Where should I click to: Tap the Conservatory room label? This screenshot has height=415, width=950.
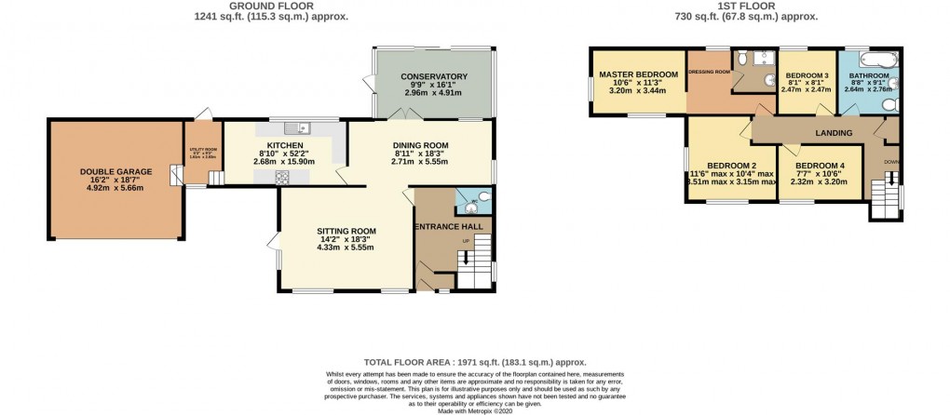coord(433,76)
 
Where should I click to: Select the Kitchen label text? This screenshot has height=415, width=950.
coord(285,146)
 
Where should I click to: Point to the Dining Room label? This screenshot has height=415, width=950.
coord(420,146)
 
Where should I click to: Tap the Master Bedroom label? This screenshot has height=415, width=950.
coord(638,74)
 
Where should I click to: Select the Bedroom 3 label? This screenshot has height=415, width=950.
coord(807,75)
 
